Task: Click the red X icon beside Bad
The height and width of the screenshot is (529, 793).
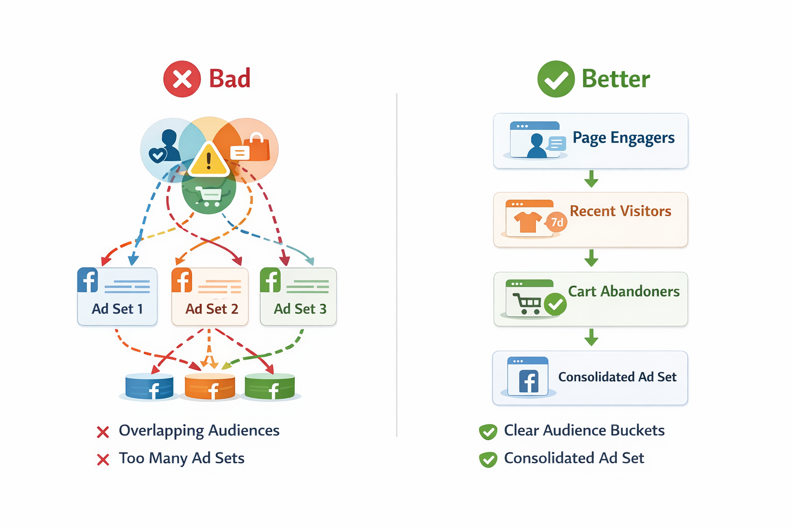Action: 182,79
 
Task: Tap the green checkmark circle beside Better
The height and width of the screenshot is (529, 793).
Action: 556,79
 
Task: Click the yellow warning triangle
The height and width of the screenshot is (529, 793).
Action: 208,160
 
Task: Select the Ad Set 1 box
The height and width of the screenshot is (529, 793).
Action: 117,297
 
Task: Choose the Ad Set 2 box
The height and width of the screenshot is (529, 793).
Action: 210,297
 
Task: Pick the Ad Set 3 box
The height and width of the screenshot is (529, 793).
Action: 298,297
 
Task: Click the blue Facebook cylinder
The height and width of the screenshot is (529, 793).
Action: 149,387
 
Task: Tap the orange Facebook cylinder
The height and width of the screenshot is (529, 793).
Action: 210,387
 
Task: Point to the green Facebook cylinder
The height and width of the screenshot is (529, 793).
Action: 269,387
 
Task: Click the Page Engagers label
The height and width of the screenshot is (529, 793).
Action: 623,138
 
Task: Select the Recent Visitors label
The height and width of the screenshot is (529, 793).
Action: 620,211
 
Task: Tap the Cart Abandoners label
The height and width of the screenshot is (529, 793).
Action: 624,291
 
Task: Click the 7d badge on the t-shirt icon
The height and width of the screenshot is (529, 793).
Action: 557,222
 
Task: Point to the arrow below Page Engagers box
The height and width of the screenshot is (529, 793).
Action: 591,179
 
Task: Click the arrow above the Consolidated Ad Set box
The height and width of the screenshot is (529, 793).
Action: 591,337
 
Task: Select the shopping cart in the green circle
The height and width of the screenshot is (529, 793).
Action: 208,196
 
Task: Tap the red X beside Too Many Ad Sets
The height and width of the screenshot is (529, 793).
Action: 103,459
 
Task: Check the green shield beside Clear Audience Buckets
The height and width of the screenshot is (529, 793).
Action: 488,431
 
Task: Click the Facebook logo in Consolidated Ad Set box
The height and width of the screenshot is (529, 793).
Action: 528,382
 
